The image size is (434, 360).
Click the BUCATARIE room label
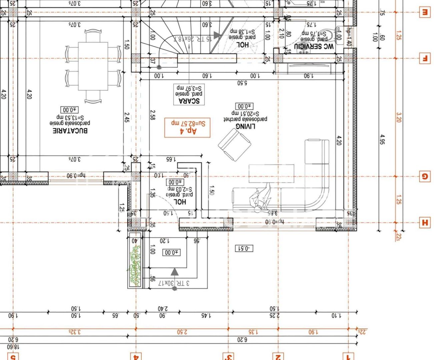pos(70,130)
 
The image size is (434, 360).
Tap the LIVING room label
pos(245,126)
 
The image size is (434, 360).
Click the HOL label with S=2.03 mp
pos(180,201)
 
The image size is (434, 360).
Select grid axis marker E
pos(424,12)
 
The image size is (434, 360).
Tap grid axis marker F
pos(424,58)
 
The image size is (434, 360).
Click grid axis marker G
pos(424,176)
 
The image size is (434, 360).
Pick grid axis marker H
pos(424,223)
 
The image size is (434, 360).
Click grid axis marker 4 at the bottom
pos(136,356)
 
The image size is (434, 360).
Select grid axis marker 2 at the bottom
pos(278,356)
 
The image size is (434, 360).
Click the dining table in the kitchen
pos(93,66)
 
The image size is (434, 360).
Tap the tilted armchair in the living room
pos(235,145)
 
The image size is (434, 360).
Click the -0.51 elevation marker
pos(244,248)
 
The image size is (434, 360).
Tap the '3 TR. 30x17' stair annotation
pos(173,283)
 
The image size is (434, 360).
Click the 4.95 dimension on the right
pos(382,139)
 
